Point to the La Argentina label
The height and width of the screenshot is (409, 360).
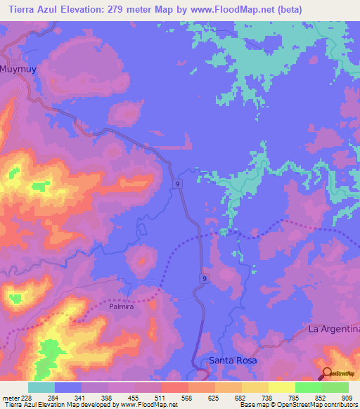tap(334, 329)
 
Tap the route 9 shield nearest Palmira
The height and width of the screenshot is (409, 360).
tap(203, 279)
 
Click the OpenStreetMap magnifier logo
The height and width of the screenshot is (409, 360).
tap(326, 373)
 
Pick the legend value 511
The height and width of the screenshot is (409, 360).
tap(161, 397)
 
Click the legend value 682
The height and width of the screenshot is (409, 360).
tap(241, 397)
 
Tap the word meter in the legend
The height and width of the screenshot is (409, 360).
tap(11, 397)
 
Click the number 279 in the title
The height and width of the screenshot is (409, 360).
tap(132, 9)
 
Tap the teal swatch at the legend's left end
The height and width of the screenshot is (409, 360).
tap(41, 387)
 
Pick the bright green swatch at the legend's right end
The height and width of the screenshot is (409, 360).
tap(335, 387)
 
